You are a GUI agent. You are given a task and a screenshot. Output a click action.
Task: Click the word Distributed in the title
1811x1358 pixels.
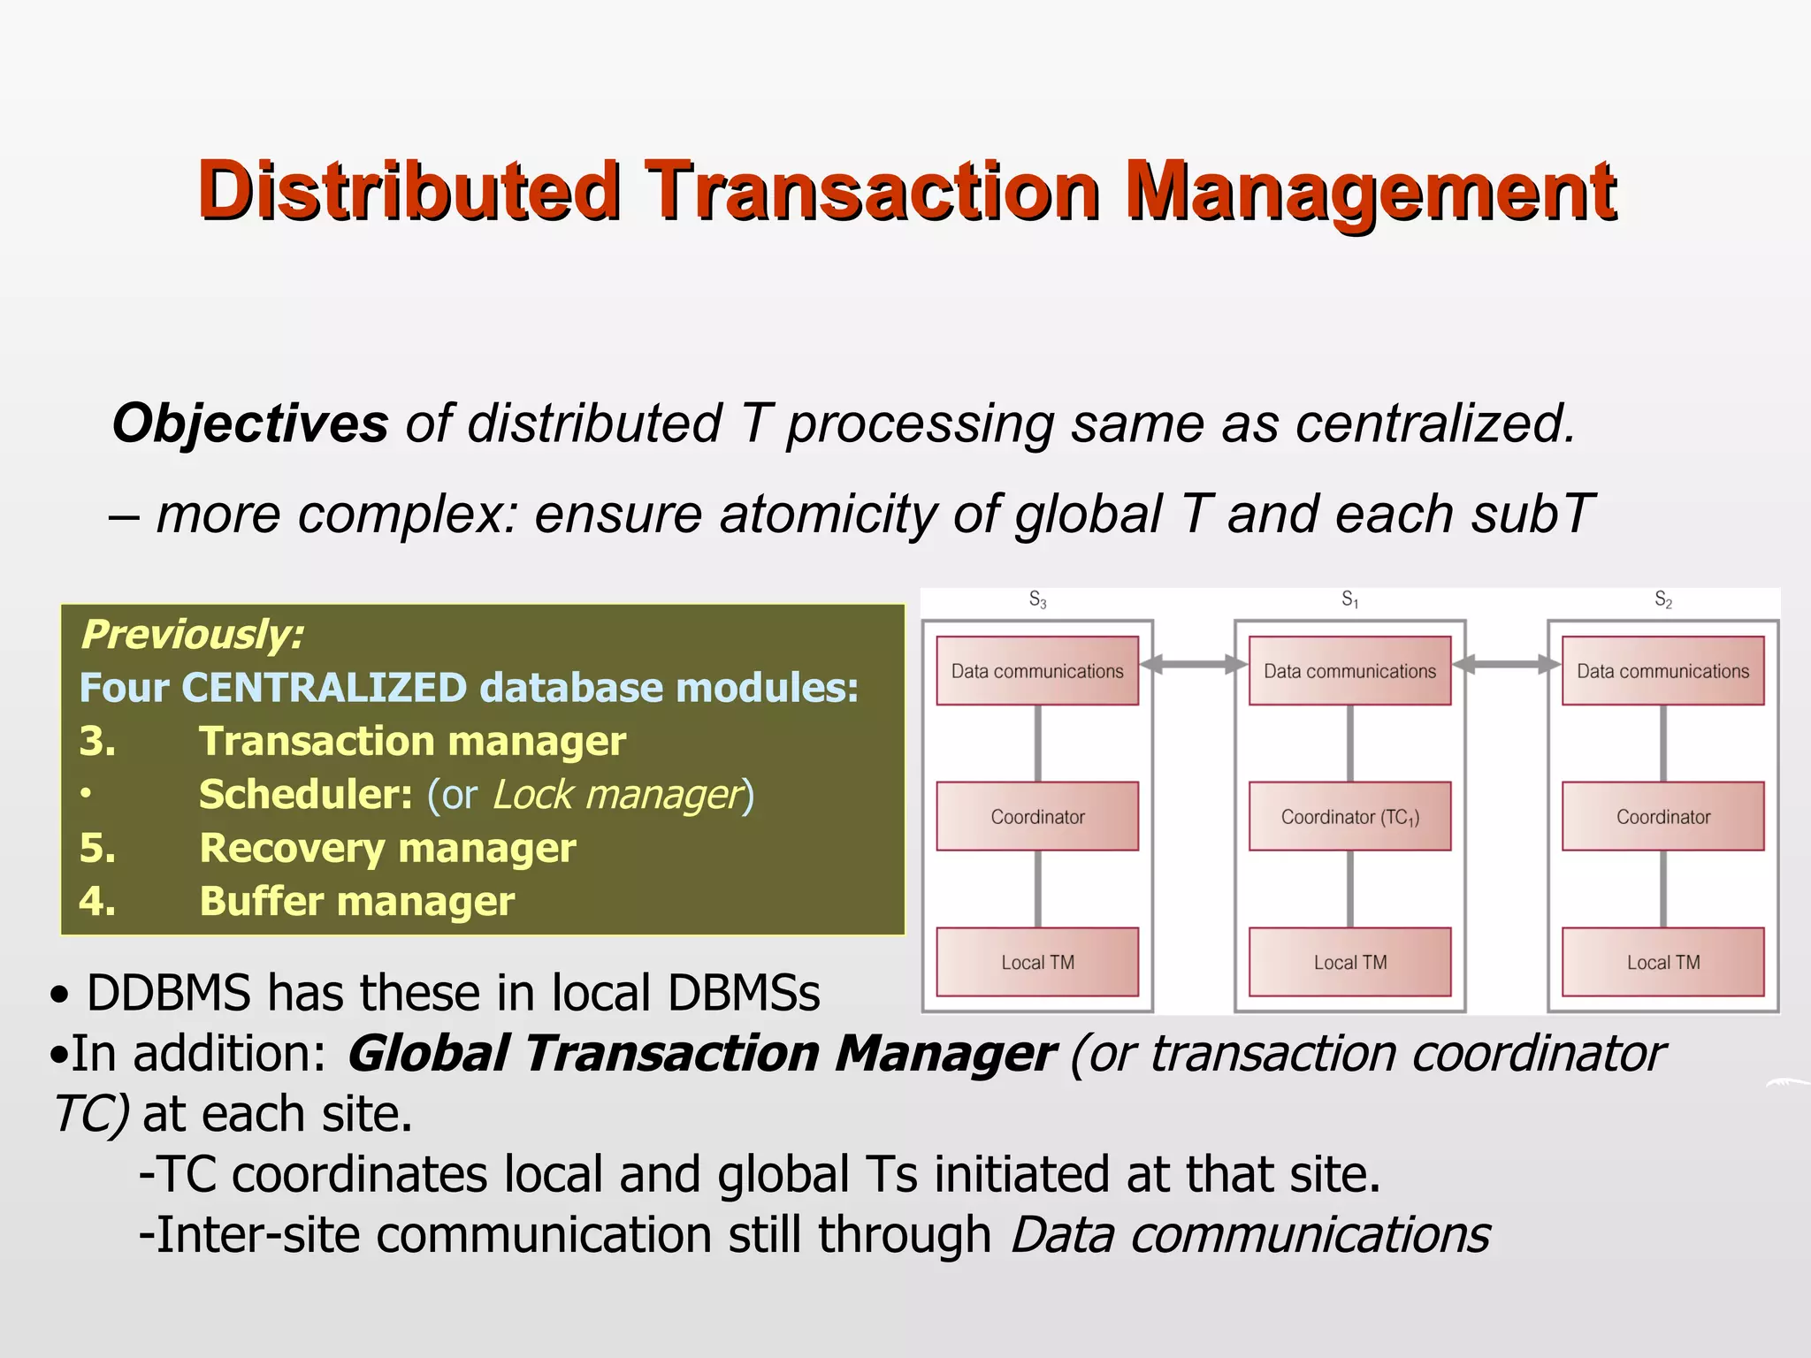(x=409, y=190)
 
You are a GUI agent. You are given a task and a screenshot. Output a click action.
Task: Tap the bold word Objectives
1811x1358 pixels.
(x=250, y=423)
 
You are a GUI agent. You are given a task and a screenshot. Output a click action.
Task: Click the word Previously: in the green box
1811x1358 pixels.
(x=192, y=635)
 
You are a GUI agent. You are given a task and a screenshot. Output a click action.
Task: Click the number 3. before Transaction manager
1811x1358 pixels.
(x=97, y=741)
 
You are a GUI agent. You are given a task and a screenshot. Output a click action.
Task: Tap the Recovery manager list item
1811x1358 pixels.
(x=387, y=848)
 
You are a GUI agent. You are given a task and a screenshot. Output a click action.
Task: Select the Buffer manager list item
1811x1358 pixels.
(x=356, y=901)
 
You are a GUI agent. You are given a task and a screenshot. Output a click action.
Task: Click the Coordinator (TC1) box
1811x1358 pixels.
(x=1349, y=816)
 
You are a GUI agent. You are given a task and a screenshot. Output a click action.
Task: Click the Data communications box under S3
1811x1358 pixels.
(x=1037, y=671)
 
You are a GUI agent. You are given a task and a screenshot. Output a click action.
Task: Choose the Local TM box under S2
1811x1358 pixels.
(x=1662, y=962)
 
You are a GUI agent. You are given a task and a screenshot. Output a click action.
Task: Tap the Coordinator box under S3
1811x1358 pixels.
(x=1037, y=816)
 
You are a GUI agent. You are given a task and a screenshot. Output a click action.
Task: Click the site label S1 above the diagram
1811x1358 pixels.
(x=1349, y=599)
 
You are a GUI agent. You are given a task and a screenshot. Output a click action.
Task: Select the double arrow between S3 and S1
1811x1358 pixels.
(x=1193, y=665)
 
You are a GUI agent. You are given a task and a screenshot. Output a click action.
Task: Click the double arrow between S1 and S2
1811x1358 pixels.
(x=1506, y=665)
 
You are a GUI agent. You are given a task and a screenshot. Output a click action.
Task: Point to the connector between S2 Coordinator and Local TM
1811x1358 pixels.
(x=1662, y=889)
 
